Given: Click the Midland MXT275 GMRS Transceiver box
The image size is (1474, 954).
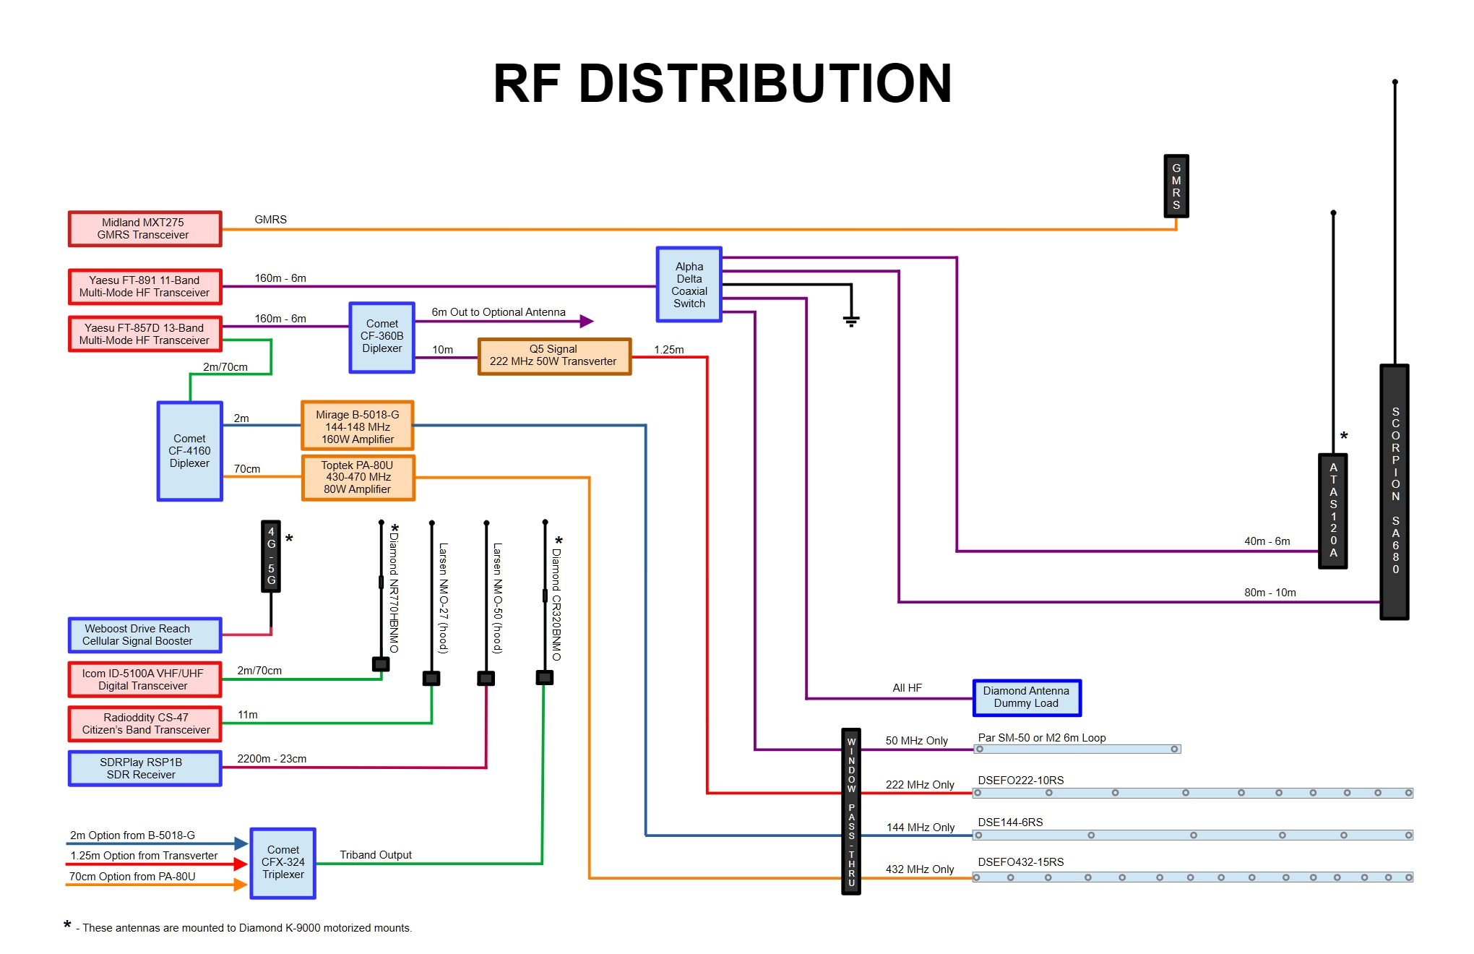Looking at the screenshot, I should pyautogui.click(x=145, y=229).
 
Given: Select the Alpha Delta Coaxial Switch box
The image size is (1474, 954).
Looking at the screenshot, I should pyautogui.click(x=689, y=285).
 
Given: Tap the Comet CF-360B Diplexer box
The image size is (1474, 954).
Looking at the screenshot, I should pyautogui.click(x=382, y=337).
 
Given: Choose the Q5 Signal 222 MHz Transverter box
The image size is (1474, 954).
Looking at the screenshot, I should pyautogui.click(x=553, y=356).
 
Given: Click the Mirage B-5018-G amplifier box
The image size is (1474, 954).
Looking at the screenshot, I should pyautogui.click(x=357, y=426).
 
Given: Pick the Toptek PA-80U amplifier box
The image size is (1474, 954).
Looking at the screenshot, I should pyautogui.click(x=358, y=478).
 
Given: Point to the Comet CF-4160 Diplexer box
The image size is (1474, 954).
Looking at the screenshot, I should pyautogui.click(x=189, y=451).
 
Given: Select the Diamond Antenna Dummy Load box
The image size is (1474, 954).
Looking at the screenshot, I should pyautogui.click(x=1026, y=697).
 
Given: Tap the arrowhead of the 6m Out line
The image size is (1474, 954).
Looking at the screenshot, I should pyautogui.click(x=587, y=321).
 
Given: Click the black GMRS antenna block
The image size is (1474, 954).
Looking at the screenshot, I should pyautogui.click(x=1176, y=186).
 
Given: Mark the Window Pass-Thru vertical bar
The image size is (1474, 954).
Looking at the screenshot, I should pyautogui.click(x=851, y=811).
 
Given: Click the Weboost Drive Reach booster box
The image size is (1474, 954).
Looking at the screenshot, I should pyautogui.click(x=145, y=635).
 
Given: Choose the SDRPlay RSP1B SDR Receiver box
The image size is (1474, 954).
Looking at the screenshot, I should pyautogui.click(x=145, y=768).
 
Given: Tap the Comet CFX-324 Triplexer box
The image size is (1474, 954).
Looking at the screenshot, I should pyautogui.click(x=283, y=863).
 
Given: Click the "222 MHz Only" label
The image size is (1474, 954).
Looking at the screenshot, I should pyautogui.click(x=920, y=785).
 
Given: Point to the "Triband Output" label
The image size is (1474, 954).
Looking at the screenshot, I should pyautogui.click(x=376, y=855).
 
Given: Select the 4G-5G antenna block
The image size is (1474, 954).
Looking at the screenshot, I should pyautogui.click(x=271, y=556).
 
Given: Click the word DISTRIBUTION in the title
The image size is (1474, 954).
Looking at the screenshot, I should pyautogui.click(x=765, y=84).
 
